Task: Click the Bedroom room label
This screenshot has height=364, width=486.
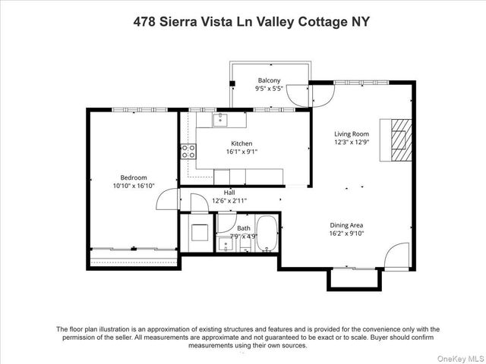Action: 133,177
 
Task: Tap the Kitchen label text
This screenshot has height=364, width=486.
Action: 241,143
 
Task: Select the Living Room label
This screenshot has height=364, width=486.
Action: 352,133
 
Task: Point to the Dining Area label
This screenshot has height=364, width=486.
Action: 346,224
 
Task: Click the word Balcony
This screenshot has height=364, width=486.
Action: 269,80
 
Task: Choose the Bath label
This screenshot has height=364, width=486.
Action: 243,227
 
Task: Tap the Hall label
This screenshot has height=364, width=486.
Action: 229,193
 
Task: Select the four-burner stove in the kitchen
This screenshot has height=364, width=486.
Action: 188,151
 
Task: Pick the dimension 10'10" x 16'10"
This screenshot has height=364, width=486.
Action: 133,185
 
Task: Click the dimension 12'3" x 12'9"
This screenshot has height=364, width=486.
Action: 352,142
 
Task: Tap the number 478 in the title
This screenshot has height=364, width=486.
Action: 144,22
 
